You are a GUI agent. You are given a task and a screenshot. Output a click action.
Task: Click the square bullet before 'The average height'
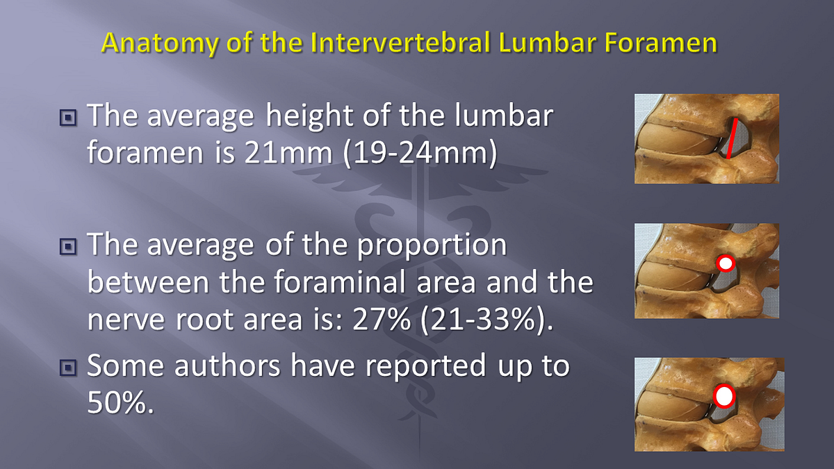[68, 117]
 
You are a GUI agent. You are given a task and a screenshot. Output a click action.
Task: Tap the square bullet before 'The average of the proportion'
[68, 246]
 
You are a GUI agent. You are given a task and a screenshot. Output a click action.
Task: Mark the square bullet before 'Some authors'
[68, 367]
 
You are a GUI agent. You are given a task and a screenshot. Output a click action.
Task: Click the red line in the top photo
[731, 138]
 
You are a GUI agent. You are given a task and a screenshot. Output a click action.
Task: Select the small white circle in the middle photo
[725, 263]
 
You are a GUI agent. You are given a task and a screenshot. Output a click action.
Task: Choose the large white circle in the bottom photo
[725, 396]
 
